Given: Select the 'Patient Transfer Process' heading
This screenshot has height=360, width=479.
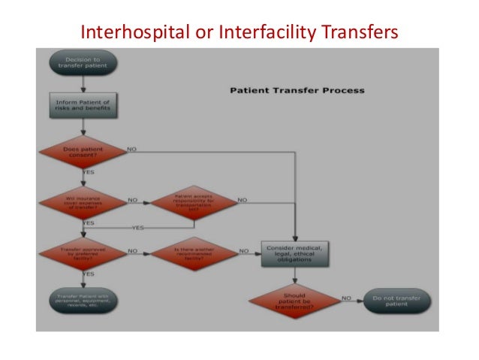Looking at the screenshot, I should coord(296,90).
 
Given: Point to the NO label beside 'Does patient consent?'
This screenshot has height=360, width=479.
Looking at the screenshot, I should coord(131,149).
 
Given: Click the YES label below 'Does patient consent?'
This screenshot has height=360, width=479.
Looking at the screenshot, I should coord(89,172).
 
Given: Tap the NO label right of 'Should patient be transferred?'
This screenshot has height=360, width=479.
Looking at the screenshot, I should coord(346,298).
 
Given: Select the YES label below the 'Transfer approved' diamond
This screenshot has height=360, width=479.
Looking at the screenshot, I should coord(89,274).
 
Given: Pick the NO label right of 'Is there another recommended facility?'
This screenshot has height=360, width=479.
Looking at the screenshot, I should coord(244,250).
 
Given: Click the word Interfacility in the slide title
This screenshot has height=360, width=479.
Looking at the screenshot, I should coord(263,32).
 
